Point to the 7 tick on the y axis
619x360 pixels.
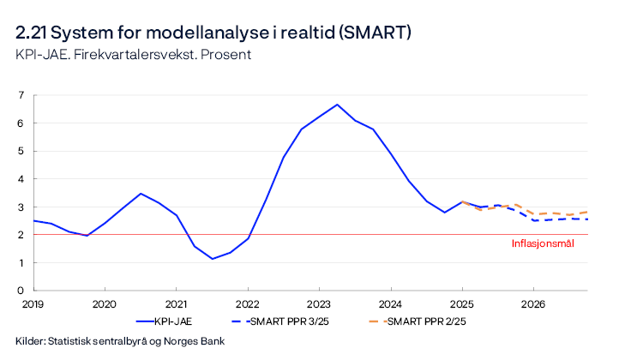click(21, 95)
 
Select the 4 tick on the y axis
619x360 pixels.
click(21, 179)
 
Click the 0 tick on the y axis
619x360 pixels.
click(21, 291)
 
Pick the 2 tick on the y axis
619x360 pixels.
click(21, 235)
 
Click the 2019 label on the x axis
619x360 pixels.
click(33, 304)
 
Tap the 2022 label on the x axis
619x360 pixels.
click(247, 304)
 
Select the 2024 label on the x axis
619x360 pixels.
click(390, 304)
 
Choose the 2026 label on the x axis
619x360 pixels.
click(533, 304)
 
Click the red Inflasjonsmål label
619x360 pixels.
click(543, 243)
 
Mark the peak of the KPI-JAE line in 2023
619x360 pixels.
click(337, 105)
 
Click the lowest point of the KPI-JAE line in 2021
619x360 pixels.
click(212, 259)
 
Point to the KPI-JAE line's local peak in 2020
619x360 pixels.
click(141, 194)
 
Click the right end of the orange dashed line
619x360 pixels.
click(587, 211)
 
